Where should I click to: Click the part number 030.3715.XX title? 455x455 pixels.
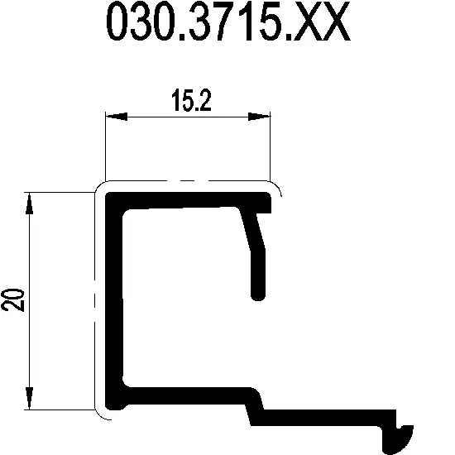[228, 21]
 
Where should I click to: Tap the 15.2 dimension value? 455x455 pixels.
[191, 100]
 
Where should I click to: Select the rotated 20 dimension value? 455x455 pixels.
[13, 300]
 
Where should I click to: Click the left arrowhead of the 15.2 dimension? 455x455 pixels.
[117, 117]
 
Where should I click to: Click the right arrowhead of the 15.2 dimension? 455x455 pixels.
[259, 117]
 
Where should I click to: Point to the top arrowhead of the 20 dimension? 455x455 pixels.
[29, 204]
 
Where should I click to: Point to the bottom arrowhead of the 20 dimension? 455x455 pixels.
[29, 398]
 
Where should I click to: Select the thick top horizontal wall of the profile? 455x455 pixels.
[188, 200]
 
